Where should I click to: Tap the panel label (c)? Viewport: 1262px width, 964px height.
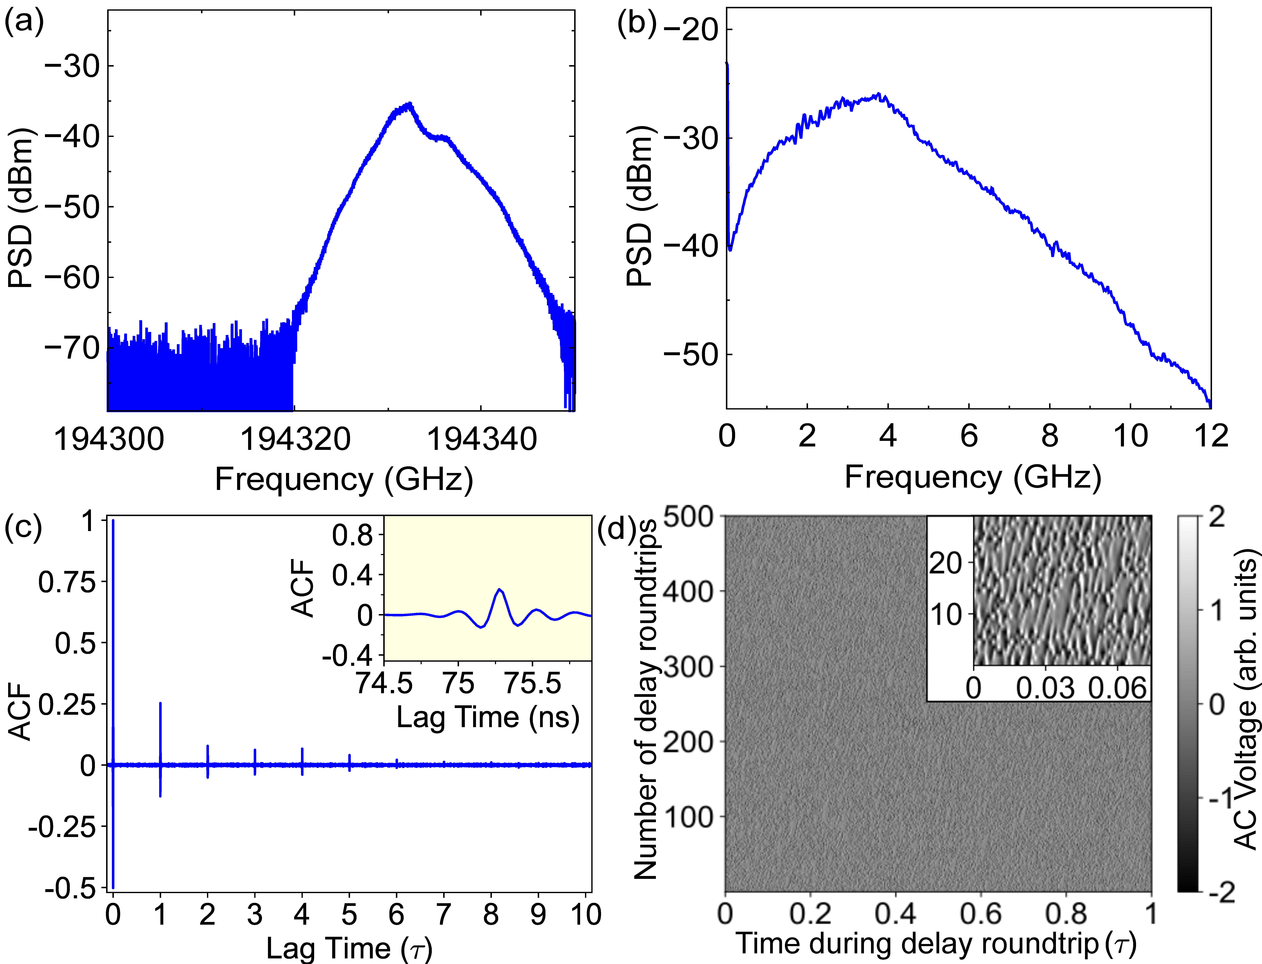coord(23,528)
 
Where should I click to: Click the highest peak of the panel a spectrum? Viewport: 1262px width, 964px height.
coord(409,104)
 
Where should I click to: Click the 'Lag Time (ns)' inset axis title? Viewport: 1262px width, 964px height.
coord(488,717)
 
